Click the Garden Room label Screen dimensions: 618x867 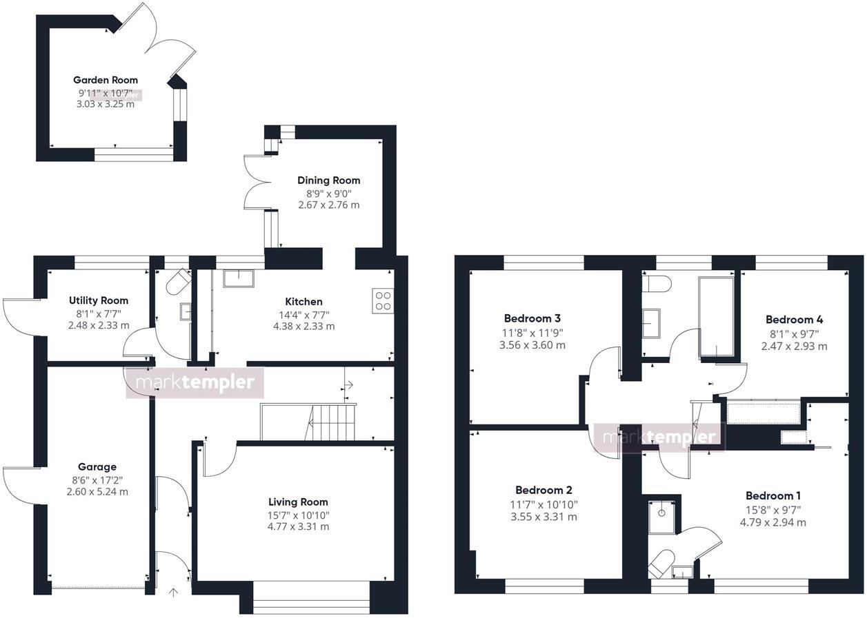point(106,80)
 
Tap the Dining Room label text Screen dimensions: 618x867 point(329,181)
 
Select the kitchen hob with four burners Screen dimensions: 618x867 point(383,301)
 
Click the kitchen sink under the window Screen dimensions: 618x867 point(238,277)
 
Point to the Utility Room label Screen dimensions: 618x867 point(99,300)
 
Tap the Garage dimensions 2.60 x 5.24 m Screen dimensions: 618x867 point(97,492)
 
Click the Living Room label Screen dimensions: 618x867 point(298,502)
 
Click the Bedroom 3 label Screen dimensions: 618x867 point(532,318)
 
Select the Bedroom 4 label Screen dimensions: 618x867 point(794,320)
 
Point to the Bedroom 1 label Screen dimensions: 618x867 point(773,495)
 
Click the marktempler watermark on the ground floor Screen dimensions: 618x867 point(195,383)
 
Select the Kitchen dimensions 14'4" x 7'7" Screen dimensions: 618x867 point(303,314)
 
